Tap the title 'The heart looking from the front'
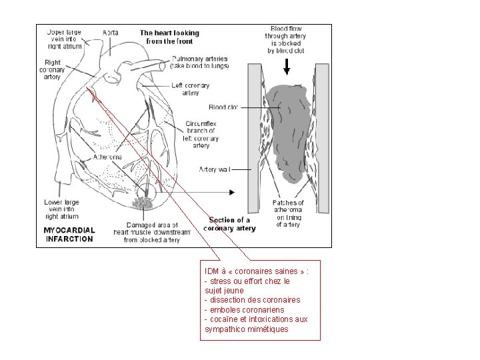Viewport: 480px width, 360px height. [169, 37]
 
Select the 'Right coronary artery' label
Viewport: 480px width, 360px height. [52, 70]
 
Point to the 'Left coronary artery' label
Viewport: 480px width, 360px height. [190, 89]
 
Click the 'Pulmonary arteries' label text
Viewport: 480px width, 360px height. [199, 63]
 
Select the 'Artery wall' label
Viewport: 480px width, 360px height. [215, 170]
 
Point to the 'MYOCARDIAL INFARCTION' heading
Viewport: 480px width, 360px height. [69, 235]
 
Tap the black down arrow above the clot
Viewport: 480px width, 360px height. [287, 66]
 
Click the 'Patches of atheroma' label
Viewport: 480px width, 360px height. [288, 213]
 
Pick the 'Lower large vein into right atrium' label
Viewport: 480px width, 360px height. [61, 209]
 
